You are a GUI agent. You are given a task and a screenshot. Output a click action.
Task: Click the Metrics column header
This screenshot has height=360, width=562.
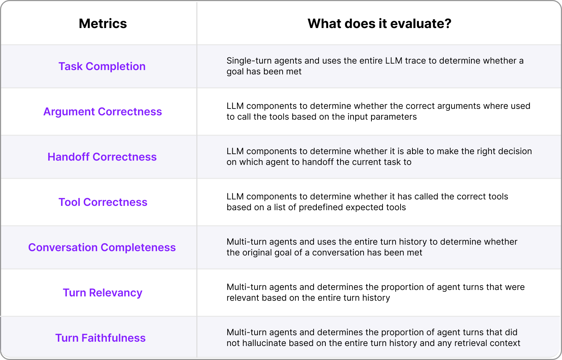click(x=103, y=24)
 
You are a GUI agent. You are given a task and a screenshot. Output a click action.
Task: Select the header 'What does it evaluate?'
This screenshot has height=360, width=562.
click(x=379, y=24)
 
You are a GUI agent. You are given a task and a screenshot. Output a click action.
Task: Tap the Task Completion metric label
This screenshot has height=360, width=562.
click(x=102, y=66)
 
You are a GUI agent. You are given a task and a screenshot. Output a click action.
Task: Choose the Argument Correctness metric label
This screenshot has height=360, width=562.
click(x=102, y=112)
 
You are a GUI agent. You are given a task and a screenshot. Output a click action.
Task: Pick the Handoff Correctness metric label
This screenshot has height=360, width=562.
click(x=102, y=157)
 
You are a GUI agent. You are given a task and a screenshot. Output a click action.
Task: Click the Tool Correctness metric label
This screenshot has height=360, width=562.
click(x=103, y=202)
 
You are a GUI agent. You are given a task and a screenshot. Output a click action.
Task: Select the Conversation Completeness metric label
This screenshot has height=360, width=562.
click(x=102, y=248)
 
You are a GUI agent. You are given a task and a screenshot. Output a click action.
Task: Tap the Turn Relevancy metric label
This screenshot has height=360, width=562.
click(x=102, y=293)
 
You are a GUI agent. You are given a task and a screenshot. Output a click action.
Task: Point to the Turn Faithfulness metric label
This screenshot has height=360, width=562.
click(x=100, y=338)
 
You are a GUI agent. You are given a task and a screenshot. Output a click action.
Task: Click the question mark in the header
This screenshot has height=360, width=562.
click(x=448, y=24)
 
